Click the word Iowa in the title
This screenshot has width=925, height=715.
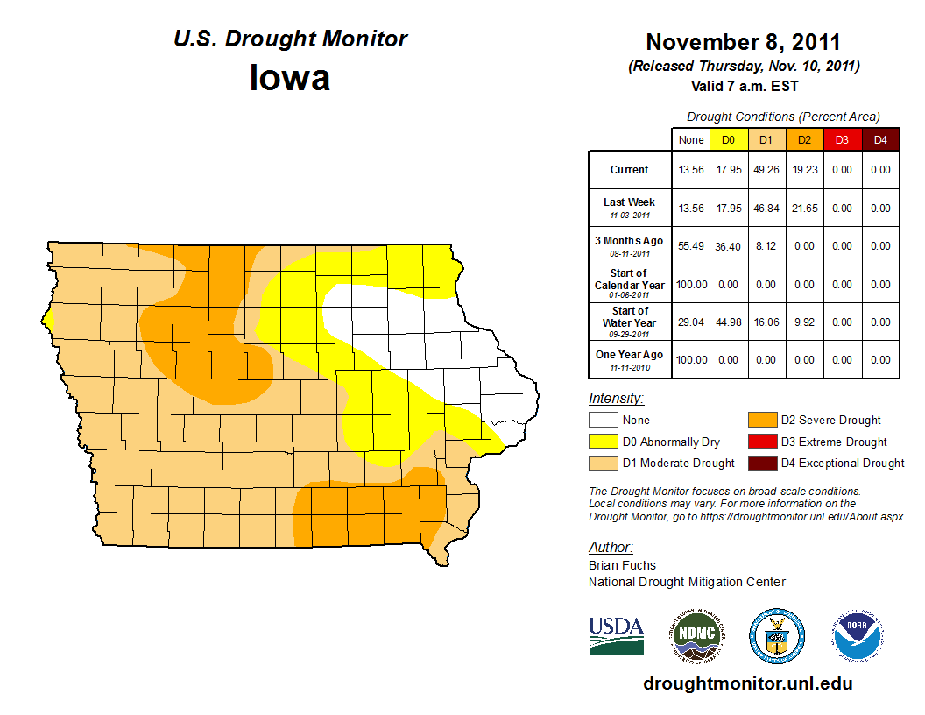(290, 78)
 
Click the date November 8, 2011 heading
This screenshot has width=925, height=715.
(743, 42)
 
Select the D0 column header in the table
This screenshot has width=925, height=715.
(729, 139)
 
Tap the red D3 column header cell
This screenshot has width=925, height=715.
(842, 139)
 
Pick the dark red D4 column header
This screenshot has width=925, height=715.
(880, 139)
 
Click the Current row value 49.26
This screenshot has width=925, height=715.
(766, 170)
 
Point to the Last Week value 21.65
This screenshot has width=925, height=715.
(804, 209)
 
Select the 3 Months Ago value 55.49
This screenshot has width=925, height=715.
(691, 246)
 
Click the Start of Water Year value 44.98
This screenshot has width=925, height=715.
(729, 322)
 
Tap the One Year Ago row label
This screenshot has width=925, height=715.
(629, 359)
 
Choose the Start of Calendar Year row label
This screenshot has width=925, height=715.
(629, 284)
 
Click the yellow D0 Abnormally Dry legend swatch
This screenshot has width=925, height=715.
(602, 442)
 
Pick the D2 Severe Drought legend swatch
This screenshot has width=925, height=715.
(760, 421)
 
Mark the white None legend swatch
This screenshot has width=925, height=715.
(602, 421)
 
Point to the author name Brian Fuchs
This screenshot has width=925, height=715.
(622, 565)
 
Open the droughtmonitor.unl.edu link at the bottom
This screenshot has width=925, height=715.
(747, 683)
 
